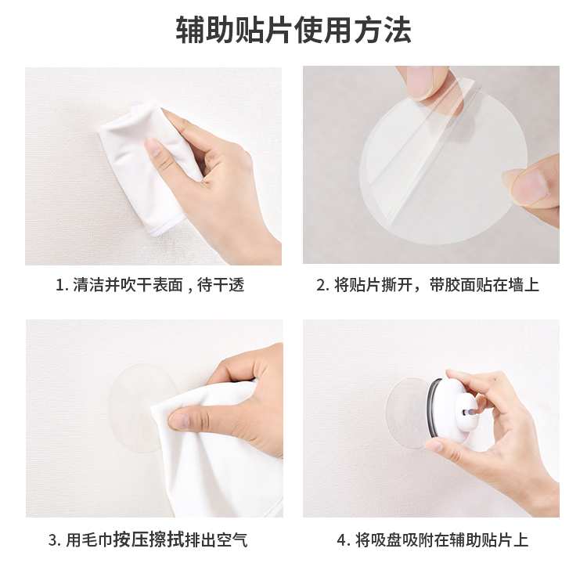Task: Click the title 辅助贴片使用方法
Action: click(293, 30)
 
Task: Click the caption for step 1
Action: click(150, 285)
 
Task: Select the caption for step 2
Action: click(427, 285)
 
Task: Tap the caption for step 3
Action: click(148, 540)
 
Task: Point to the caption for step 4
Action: click(433, 540)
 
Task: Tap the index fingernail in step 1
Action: click(153, 146)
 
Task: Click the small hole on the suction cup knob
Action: click(466, 412)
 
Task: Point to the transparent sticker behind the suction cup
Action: click(407, 412)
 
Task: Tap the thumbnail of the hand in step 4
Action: click(435, 446)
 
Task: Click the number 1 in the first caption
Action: click(59, 286)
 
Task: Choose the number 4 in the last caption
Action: click(342, 541)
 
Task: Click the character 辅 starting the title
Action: click(190, 30)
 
